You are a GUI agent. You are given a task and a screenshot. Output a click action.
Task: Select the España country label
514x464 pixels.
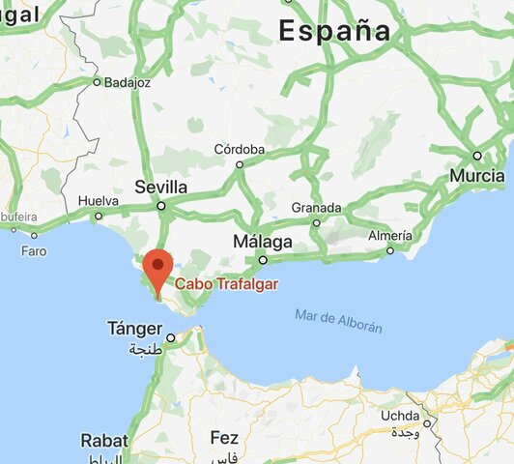tap(335, 31)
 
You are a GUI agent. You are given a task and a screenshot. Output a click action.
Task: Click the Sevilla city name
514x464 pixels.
tap(161, 187)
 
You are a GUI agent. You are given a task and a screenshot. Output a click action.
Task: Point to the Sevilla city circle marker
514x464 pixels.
tap(161, 206)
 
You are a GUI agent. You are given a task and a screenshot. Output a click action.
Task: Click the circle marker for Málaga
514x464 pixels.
tap(262, 259)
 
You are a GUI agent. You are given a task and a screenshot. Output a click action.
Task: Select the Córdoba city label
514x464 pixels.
tap(240, 150)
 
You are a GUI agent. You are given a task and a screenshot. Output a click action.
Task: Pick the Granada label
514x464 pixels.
tap(316, 208)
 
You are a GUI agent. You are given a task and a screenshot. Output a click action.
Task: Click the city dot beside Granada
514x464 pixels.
tap(316, 222)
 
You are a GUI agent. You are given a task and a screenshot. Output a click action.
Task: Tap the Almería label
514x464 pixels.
tap(390, 236)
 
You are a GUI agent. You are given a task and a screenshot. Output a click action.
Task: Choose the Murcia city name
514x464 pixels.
tap(476, 176)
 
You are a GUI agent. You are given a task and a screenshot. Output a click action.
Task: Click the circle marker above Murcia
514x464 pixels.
tap(476, 156)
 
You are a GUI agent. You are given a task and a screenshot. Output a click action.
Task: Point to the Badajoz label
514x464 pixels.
tap(128, 82)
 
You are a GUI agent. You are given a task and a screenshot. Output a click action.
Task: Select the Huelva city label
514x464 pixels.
tap(98, 201)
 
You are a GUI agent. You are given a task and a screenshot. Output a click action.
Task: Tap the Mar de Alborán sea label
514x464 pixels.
tap(339, 321)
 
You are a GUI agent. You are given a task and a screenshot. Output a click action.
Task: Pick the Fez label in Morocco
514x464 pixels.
tap(224, 438)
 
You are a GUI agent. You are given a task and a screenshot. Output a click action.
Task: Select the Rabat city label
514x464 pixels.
tap(104, 441)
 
